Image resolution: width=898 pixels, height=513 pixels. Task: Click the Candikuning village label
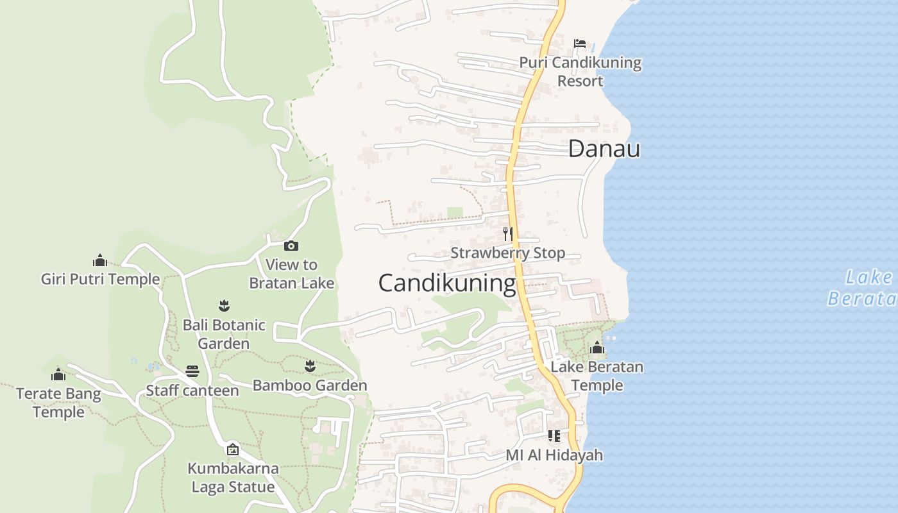point(447,283)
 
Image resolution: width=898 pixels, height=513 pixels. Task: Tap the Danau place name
point(604,149)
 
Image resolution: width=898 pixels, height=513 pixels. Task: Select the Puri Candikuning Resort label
point(580,72)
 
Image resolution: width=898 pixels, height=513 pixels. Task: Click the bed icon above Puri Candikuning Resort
point(580,44)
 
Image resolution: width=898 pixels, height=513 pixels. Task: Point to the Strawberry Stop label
point(507,253)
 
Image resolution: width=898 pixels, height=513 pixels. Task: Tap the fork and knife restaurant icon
point(507,233)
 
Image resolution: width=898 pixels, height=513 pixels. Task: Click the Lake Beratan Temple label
point(597,376)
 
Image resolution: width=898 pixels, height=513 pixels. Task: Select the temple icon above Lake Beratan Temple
point(597,348)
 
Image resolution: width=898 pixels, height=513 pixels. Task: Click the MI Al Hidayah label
point(554,455)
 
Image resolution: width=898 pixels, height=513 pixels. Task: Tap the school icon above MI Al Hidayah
point(554,436)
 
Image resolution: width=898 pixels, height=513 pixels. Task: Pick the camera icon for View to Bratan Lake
point(291,246)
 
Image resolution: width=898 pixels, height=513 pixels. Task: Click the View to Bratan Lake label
point(291,273)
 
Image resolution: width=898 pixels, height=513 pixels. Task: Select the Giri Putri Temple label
point(100,279)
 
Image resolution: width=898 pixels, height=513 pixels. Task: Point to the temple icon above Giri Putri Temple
point(99,260)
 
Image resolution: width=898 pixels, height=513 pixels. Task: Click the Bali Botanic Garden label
point(224,334)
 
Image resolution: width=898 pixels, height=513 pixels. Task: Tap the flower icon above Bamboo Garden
point(310,366)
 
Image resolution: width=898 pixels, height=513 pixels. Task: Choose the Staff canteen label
point(192,390)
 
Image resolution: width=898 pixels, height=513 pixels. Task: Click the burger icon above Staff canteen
point(192,371)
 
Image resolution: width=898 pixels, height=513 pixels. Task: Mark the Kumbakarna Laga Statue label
point(233,478)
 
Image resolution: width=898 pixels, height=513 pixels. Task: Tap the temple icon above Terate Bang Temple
point(58,374)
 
